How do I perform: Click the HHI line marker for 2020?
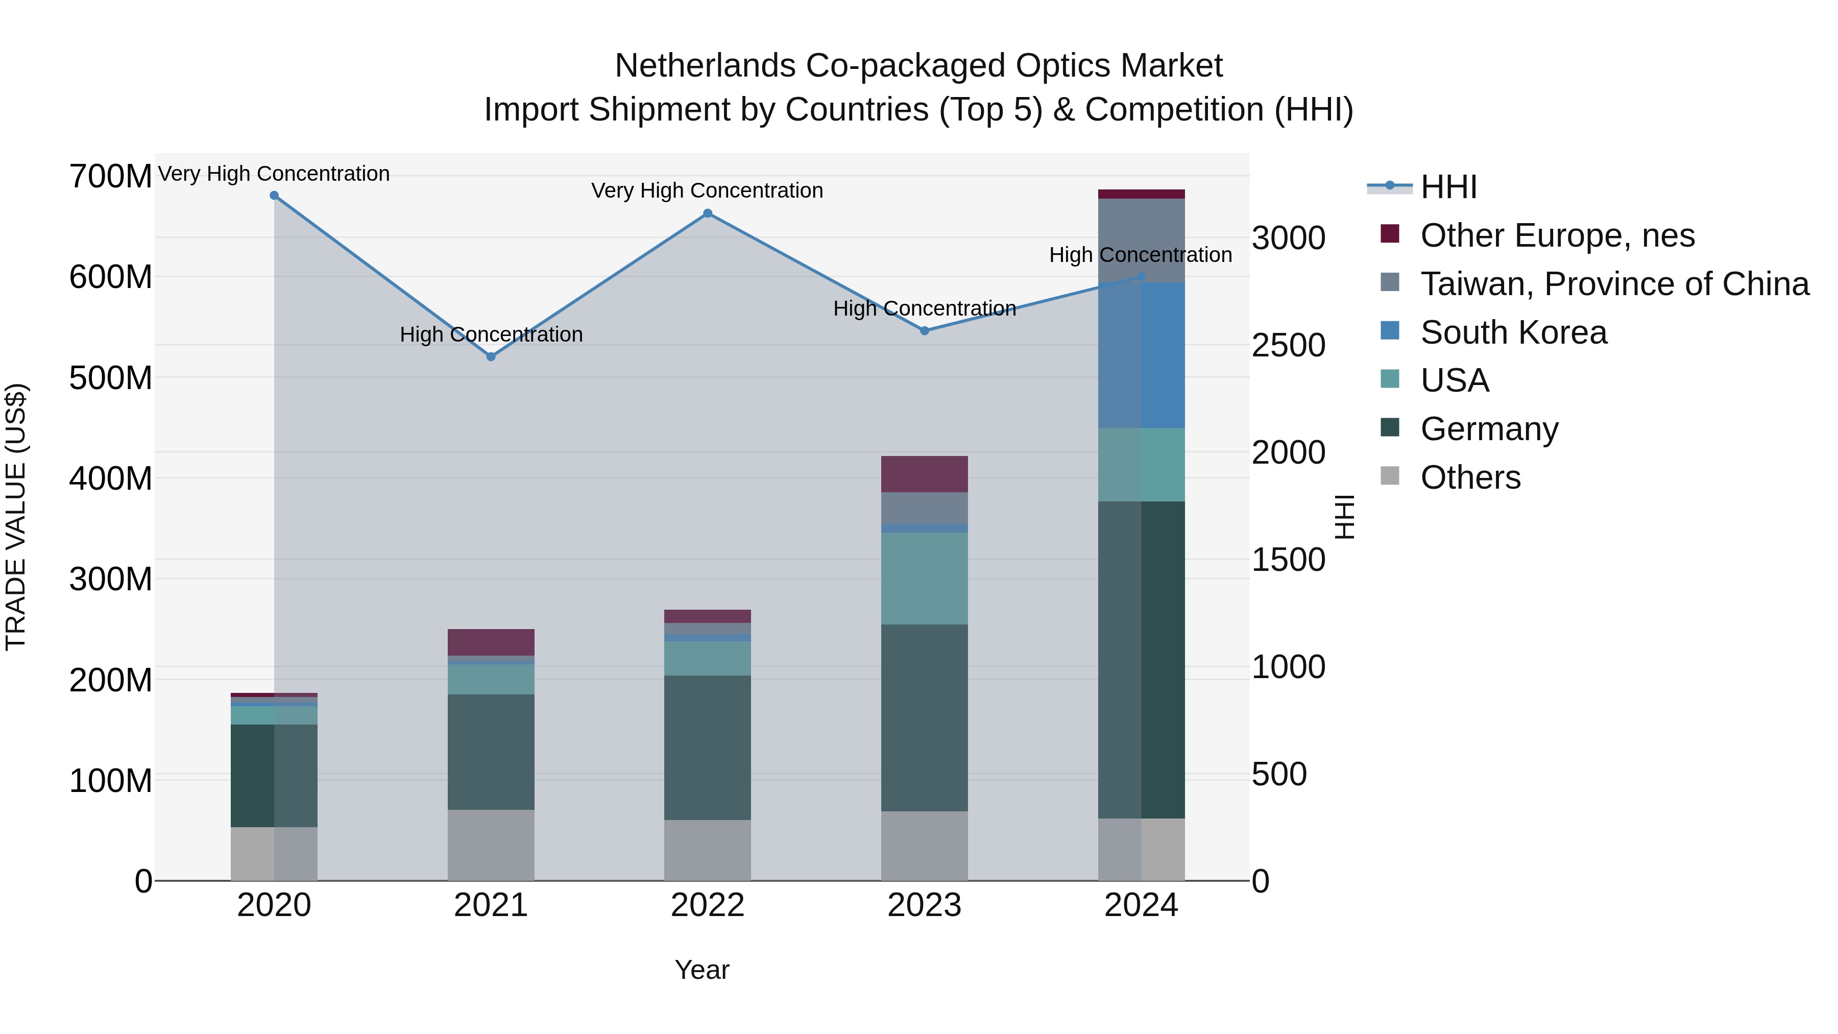coord(274,196)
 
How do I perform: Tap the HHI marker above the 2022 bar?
coord(708,213)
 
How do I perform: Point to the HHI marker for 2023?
coord(925,331)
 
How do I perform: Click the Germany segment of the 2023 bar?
coord(925,717)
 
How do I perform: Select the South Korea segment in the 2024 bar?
coord(1142,355)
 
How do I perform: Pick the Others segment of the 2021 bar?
coord(491,845)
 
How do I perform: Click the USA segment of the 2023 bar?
coord(925,578)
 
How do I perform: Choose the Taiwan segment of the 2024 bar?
coord(1142,241)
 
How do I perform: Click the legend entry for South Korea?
coord(1513,332)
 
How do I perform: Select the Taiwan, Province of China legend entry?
coord(1614,284)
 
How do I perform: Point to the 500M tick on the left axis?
coord(111,377)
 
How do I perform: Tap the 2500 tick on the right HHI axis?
coord(1289,345)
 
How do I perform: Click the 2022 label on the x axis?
coord(708,905)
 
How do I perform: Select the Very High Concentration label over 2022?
coord(707,190)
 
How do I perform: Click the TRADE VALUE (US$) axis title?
coord(16,517)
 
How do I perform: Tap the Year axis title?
coord(702,970)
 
